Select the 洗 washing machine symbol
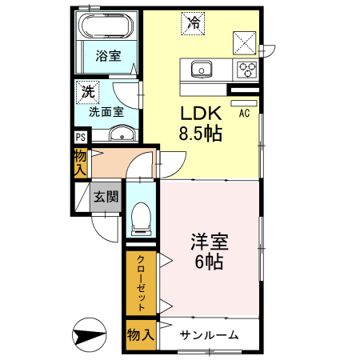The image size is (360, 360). pyautogui.click(x=86, y=92)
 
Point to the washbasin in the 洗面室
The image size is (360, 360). pyautogui.click(x=121, y=133)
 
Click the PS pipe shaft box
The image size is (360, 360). pyautogui.click(x=81, y=136)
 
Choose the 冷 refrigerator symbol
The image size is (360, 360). pyautogui.click(x=193, y=22)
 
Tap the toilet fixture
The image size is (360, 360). pyautogui.click(x=142, y=216)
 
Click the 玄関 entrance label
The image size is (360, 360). pyautogui.click(x=105, y=196)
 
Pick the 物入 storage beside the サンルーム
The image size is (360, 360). pyautogui.click(x=141, y=334)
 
